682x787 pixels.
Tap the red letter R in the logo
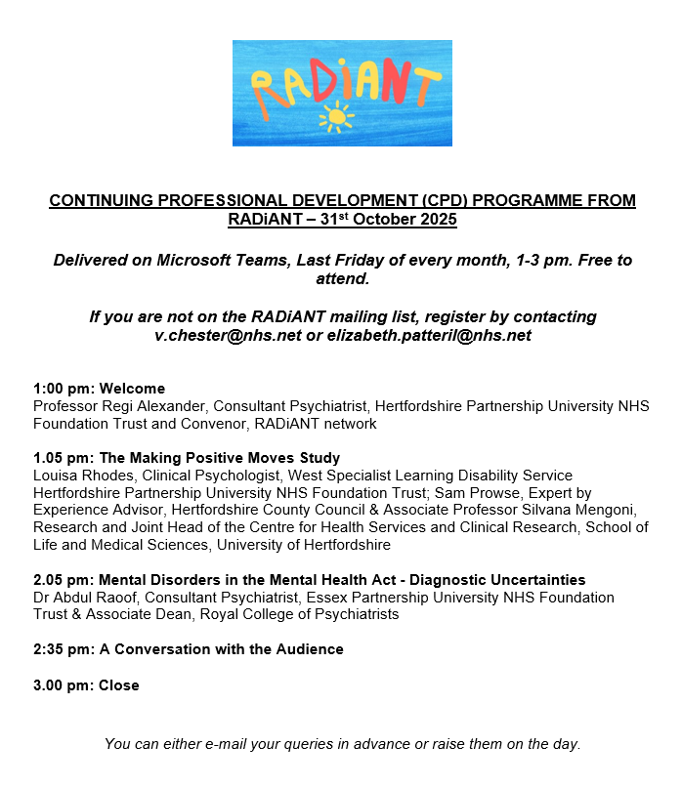262,86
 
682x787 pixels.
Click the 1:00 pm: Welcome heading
99,389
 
